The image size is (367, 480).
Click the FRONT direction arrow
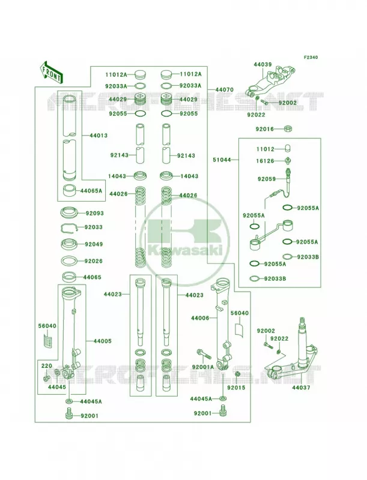[51, 72]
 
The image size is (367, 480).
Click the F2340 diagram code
[311, 57]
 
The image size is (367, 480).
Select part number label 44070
[224, 89]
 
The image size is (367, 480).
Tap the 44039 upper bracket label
[262, 65]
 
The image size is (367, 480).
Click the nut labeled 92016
[288, 128]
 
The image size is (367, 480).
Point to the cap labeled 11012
[288, 148]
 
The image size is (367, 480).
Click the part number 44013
[99, 136]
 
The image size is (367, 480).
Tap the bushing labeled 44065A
[70, 191]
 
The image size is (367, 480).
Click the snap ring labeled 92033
[68, 228]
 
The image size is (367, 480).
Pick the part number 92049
[94, 244]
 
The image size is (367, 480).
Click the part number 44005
[102, 341]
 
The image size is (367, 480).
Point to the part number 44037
[301, 388]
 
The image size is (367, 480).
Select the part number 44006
[200, 318]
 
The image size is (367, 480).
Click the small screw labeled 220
[46, 379]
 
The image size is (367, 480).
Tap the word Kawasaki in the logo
[185, 251]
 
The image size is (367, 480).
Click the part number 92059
[267, 179]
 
